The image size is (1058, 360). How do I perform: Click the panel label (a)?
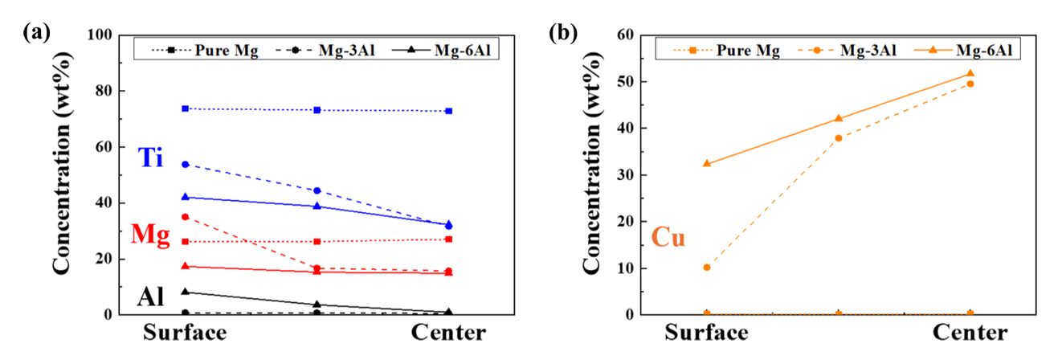pyautogui.click(x=37, y=33)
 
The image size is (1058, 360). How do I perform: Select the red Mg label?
pyautogui.click(x=150, y=235)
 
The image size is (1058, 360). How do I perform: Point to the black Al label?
pyautogui.click(x=150, y=297)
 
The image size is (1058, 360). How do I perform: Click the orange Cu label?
pyautogui.click(x=668, y=238)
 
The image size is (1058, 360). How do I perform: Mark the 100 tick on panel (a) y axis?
pyautogui.click(x=100, y=35)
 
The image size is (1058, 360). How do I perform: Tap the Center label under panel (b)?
pyautogui.click(x=970, y=333)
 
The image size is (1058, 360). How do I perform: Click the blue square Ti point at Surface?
pyautogui.click(x=185, y=108)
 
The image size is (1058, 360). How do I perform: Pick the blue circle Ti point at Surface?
pyautogui.click(x=185, y=164)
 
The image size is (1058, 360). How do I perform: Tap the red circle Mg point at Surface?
pyautogui.click(x=185, y=217)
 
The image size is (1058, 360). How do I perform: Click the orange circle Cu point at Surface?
pyautogui.click(x=706, y=267)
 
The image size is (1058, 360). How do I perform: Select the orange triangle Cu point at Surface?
pyautogui.click(x=706, y=163)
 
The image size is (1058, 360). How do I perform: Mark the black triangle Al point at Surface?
pyautogui.click(x=185, y=292)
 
